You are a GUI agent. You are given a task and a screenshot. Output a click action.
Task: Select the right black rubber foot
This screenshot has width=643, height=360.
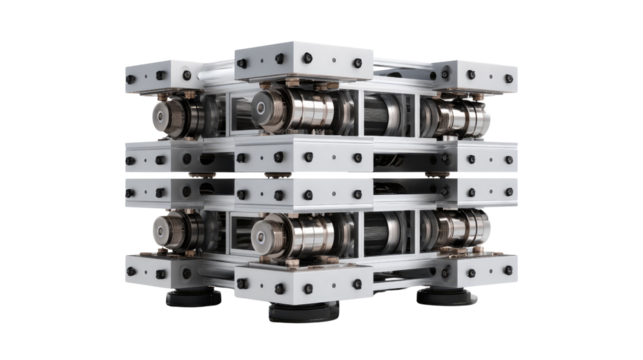coord(446,297)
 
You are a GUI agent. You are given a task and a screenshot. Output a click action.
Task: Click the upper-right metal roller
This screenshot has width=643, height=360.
coord(455,116)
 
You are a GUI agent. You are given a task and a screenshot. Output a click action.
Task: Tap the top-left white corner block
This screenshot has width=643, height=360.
coord(160,73)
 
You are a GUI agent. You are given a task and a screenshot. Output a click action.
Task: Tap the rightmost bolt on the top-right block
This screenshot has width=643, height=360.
coord(508,77)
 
